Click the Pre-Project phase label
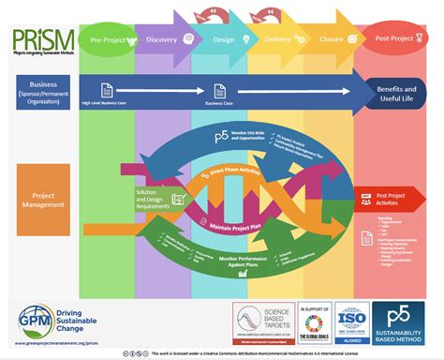pos(110,39)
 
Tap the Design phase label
pos(222,39)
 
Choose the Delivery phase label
pos(277,39)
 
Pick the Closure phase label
pos(331,39)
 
